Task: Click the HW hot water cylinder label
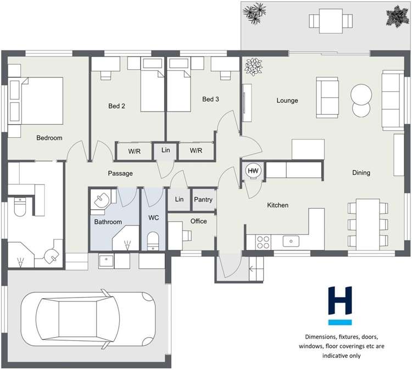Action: [253, 171]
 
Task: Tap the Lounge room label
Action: [287, 100]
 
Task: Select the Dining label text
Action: [361, 173]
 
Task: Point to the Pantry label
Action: [203, 200]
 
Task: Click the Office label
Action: [198, 221]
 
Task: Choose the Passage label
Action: [120, 173]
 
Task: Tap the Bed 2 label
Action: [116, 106]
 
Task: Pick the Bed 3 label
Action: [210, 99]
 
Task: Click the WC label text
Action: [154, 218]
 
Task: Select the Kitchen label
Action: [277, 205]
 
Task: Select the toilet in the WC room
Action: [154, 240]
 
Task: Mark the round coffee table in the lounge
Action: [361, 99]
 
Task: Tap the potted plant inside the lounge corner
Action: [254, 66]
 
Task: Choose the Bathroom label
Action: [108, 222]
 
